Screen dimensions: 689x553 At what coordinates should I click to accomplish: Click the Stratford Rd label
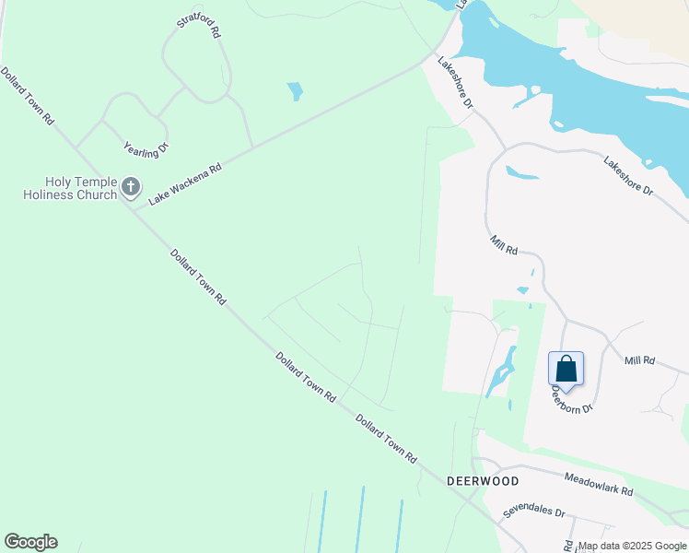point(200,26)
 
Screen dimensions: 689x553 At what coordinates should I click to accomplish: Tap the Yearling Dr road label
point(146,147)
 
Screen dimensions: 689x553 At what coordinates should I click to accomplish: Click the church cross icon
point(131,188)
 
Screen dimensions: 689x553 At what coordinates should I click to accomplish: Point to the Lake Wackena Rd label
point(185,183)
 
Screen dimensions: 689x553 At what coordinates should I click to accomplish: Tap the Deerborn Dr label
point(571,398)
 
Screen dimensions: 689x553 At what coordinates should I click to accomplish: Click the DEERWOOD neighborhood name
point(483,481)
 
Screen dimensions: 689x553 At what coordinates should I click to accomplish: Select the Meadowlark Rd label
point(599,485)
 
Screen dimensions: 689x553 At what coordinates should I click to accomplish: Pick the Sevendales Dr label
point(533,512)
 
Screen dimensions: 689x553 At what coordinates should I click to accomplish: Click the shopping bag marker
point(566,370)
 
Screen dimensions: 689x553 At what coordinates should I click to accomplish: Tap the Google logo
point(30,542)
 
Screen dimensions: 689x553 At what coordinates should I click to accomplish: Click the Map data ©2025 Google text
point(631,546)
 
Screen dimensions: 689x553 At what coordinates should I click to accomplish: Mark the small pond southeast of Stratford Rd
point(295,91)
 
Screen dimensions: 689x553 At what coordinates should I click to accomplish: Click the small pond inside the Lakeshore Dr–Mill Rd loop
point(521,172)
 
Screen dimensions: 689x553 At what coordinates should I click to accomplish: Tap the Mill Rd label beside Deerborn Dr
point(638,360)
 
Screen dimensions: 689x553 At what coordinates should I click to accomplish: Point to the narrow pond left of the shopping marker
point(503,373)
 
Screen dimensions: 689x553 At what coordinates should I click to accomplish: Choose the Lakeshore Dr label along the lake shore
point(627,177)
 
